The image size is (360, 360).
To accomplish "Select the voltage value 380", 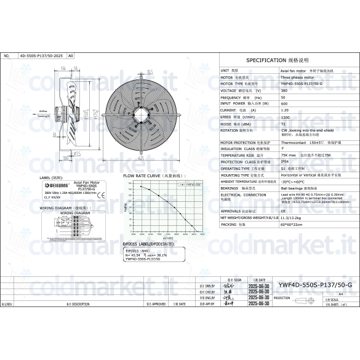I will (x=284, y=90).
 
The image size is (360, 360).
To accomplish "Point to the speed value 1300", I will (x=285, y=116).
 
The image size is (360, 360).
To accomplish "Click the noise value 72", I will (x=283, y=124).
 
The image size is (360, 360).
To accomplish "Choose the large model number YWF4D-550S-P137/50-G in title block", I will (x=315, y=284).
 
